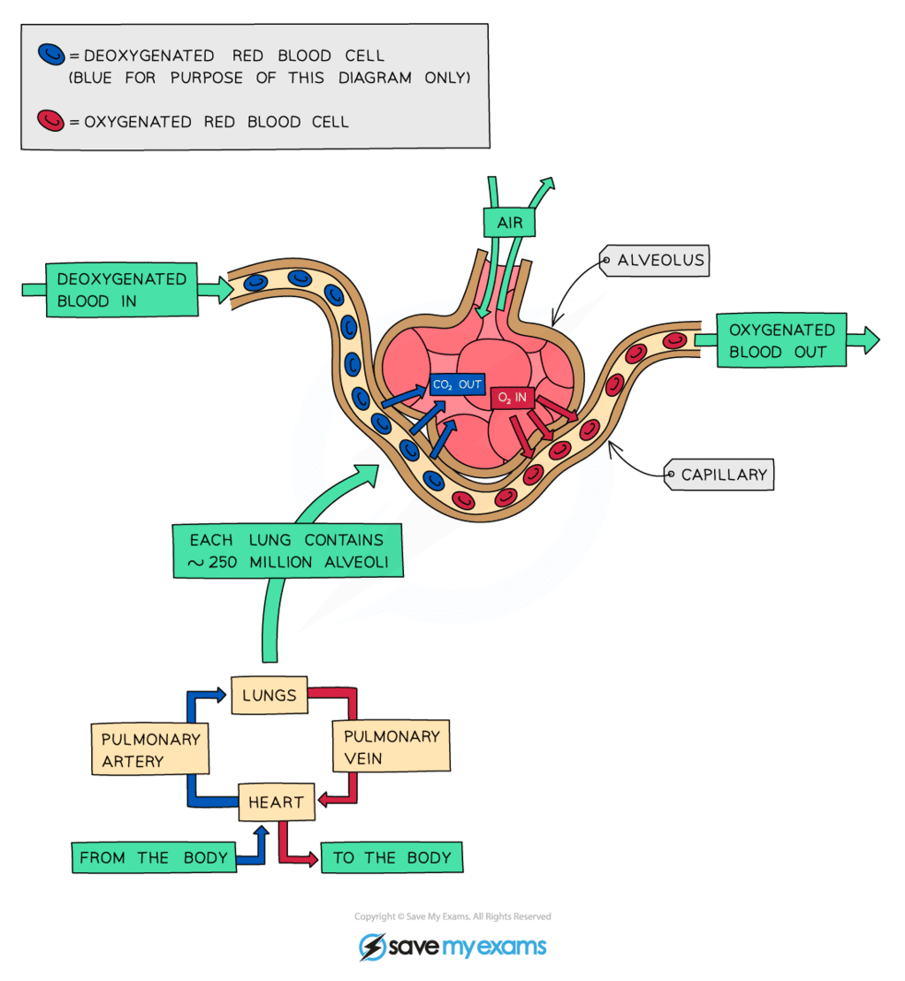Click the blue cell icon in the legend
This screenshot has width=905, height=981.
51,56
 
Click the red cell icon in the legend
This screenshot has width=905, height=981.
51,120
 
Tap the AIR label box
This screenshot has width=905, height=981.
510,222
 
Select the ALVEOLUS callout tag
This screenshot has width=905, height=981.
658,260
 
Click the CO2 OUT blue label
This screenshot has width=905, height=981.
457,384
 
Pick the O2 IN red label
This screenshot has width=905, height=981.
513,398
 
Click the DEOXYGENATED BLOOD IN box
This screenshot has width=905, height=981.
121,290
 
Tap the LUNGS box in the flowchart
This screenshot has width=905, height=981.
269,696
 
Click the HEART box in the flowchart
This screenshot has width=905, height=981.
276,802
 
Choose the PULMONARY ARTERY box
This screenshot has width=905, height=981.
150,749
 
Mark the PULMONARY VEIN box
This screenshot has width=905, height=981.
392,747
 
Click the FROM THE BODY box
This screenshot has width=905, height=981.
154,857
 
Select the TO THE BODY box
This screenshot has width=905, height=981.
392,857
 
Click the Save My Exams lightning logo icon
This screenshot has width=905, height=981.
371,947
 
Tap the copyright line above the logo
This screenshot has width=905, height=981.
452,916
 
